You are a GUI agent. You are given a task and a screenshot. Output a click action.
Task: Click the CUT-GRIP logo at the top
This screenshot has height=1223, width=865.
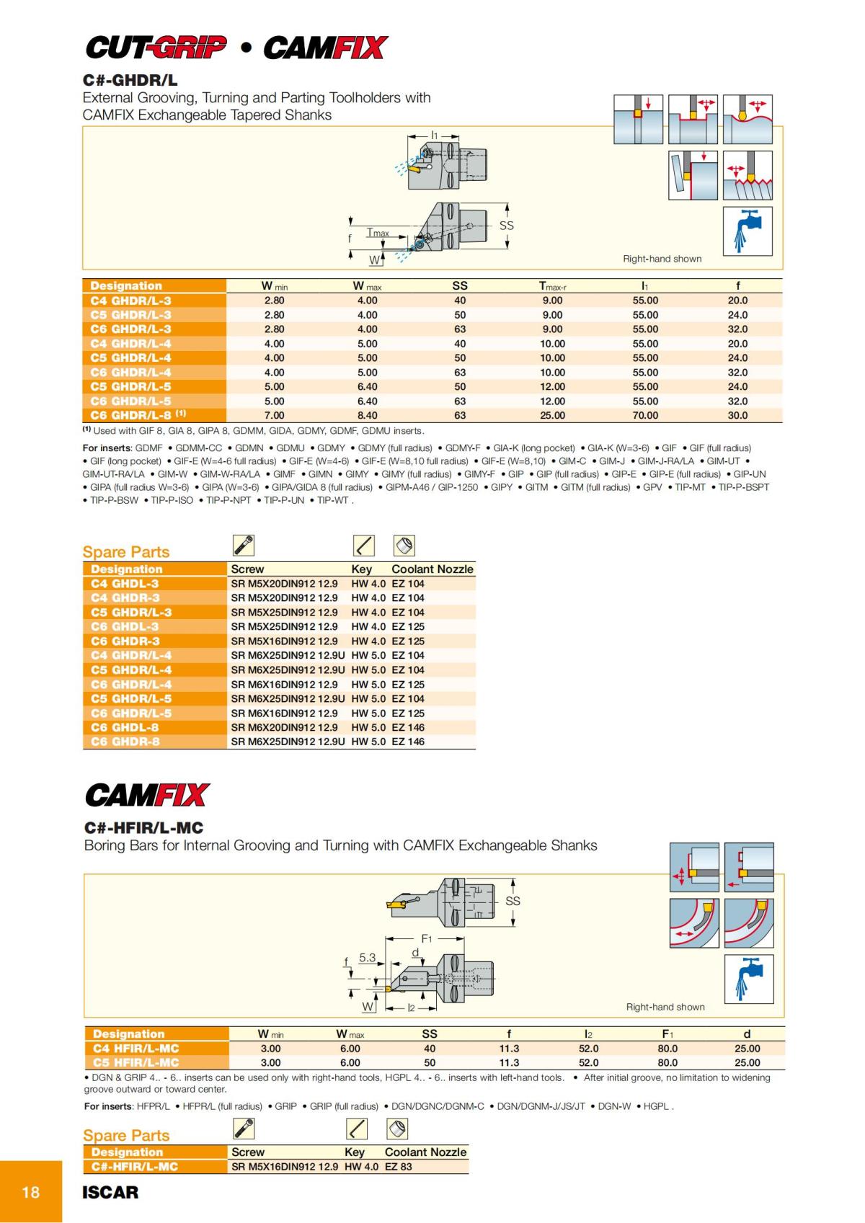click(156, 48)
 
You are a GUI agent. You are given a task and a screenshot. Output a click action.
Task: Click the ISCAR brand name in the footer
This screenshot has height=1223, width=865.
click(110, 1192)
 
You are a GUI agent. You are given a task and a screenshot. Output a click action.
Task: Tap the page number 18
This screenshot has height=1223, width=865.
click(31, 1192)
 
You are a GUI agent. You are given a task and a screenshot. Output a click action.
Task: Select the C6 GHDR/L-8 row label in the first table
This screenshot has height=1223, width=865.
click(138, 415)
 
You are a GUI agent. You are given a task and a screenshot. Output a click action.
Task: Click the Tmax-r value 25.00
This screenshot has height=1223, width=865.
click(552, 415)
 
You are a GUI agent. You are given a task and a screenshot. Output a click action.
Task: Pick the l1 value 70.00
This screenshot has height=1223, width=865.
click(645, 415)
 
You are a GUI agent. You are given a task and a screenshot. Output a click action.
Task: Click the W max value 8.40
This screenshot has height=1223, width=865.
click(367, 415)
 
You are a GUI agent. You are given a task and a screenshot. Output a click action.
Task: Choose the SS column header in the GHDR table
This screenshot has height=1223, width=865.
click(460, 285)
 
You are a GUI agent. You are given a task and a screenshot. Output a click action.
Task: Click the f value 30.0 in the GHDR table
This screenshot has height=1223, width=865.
click(737, 415)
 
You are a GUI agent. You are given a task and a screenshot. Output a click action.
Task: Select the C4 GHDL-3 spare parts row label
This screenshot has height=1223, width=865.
click(125, 584)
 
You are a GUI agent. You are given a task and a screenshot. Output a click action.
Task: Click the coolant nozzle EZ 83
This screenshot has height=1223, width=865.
click(399, 1166)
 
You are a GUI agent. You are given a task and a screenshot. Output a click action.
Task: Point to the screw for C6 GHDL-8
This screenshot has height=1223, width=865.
click(284, 727)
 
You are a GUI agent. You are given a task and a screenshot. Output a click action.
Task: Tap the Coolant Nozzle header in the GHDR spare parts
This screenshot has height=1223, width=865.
click(432, 569)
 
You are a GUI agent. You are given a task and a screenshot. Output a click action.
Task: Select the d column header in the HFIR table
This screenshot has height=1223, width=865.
click(747, 1033)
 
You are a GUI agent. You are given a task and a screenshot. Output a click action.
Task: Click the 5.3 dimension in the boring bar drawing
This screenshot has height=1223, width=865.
click(367, 958)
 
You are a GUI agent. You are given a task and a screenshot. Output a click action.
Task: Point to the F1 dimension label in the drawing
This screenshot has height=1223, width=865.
click(426, 939)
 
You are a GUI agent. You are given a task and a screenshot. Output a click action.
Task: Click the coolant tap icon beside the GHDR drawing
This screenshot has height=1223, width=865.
click(748, 231)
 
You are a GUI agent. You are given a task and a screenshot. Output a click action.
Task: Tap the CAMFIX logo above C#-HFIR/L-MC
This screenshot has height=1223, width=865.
click(148, 796)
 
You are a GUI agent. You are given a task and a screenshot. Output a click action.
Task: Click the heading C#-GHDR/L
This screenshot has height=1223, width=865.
click(130, 80)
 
